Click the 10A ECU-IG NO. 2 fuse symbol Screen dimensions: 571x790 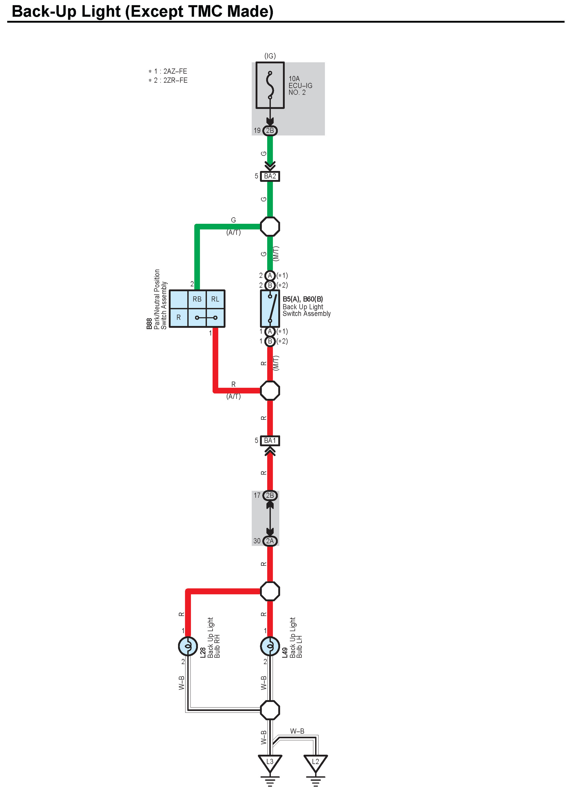[270, 85]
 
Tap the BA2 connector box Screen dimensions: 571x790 [270, 176]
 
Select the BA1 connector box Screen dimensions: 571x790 [270, 441]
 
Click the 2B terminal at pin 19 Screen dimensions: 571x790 [270, 131]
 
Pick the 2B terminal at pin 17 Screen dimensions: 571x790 [270, 495]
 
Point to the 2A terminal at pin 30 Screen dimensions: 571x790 [270, 541]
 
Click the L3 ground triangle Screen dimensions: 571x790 [270, 762]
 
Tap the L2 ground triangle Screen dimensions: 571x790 [315, 762]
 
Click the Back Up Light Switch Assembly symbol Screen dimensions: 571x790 [270, 308]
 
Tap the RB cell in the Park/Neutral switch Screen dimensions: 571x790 [197, 299]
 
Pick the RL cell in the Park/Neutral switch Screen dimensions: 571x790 [215, 299]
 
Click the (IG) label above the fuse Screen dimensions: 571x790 [270, 56]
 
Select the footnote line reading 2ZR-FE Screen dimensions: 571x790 [168, 80]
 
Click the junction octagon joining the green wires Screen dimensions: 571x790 [270, 226]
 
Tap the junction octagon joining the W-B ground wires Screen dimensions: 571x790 [270, 710]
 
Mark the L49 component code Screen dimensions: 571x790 [285, 652]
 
